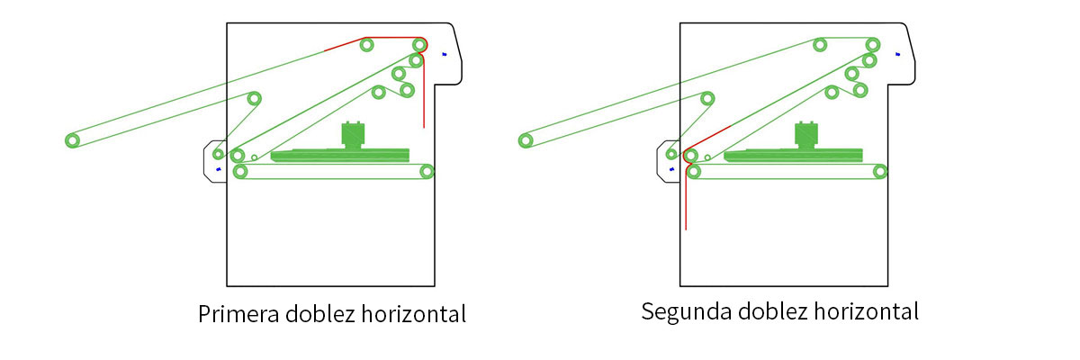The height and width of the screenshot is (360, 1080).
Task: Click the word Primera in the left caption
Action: click(238, 314)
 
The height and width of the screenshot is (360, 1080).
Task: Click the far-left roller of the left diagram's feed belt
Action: click(72, 140)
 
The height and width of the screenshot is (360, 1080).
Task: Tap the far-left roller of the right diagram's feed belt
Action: click(526, 140)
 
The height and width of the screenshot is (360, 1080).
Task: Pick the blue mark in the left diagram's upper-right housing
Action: click(444, 55)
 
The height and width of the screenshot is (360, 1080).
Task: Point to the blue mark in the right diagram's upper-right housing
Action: click(897, 55)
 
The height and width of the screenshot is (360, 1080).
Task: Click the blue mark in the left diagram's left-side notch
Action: click(219, 169)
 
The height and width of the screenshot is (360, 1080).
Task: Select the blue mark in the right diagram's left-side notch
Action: click(671, 169)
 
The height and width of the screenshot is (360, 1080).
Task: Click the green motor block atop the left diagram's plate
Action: click(353, 134)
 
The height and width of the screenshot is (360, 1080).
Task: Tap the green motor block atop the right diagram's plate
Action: click(806, 134)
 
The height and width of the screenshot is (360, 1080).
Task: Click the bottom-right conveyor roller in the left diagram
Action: click(427, 171)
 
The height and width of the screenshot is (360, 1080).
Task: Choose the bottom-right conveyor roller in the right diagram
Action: click(880, 171)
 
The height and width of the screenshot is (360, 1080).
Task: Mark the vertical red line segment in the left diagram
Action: click(424, 92)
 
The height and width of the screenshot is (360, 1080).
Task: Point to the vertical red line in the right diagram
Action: click(686, 198)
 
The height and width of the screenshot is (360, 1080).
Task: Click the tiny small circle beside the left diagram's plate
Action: click(254, 157)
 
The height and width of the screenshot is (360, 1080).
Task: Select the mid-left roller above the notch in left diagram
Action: click(254, 99)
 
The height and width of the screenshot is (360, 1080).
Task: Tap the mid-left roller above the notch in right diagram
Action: click(707, 99)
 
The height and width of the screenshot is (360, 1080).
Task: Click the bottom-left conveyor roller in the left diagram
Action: click(240, 171)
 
